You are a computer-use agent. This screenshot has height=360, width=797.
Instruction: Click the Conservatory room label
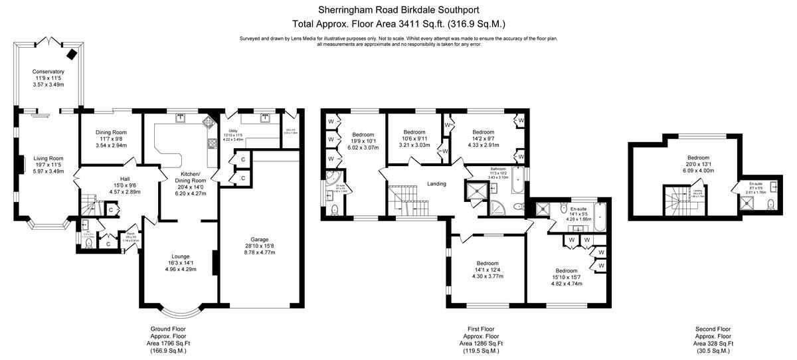point(48,71)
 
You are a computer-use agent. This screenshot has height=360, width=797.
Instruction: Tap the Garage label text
point(259,239)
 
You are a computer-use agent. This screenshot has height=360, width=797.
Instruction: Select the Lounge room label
point(180,256)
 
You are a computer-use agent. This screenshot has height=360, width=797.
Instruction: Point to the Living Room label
point(48,158)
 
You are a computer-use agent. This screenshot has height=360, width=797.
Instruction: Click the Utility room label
point(232,131)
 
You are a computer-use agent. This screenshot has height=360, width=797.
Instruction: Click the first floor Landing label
point(436,184)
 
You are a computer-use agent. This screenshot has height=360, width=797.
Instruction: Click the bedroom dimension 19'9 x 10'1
point(364,141)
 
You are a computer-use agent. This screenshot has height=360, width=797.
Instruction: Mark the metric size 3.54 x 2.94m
point(111,145)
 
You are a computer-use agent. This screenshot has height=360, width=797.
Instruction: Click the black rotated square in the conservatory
point(71,52)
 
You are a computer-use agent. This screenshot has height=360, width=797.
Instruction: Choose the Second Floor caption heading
point(713,329)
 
